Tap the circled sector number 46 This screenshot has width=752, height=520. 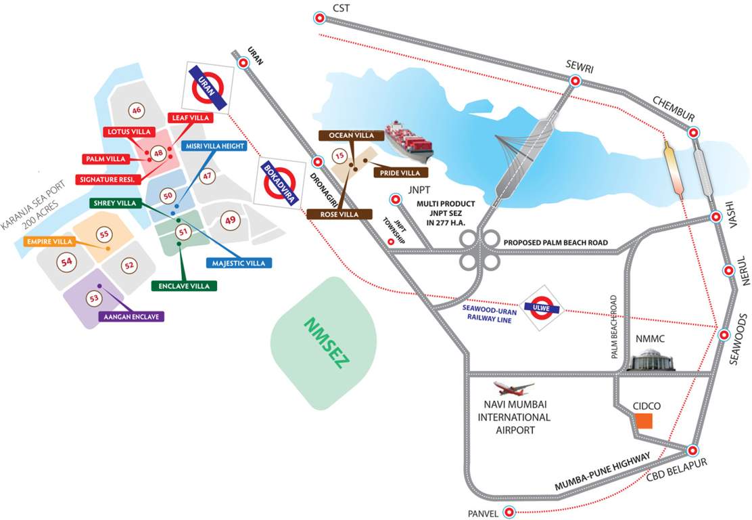pos(137,110)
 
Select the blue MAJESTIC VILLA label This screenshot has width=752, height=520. pos(239,263)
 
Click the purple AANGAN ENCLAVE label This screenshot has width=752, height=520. pos(131,316)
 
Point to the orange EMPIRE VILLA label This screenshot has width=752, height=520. pos(49,241)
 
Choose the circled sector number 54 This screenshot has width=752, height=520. pos(66,261)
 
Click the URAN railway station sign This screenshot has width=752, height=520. pos(208,87)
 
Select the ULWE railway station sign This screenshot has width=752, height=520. pos(546,309)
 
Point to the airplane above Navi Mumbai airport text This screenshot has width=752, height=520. pos(514,389)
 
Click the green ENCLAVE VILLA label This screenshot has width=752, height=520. pos(184,286)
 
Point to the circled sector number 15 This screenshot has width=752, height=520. pos(339,158)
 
